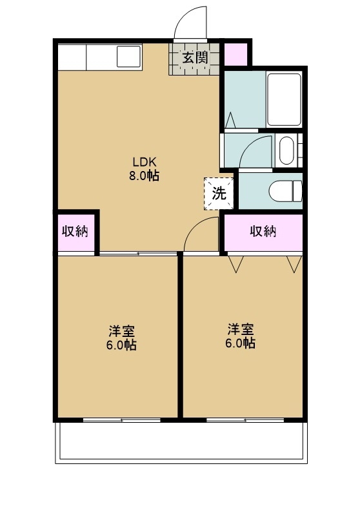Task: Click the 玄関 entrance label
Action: (x=194, y=57)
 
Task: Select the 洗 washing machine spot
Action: (x=219, y=193)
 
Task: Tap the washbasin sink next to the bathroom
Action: (x=286, y=151)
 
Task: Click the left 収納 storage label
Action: (x=75, y=231)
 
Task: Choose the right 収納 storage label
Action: (x=263, y=231)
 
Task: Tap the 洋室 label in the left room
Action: (x=121, y=331)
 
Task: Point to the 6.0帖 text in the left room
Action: (x=121, y=345)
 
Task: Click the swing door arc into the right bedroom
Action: (x=200, y=234)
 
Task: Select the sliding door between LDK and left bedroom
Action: (x=138, y=254)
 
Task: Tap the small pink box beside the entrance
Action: (x=235, y=53)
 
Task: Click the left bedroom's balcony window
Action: (x=121, y=420)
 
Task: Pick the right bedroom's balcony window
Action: (x=245, y=420)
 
